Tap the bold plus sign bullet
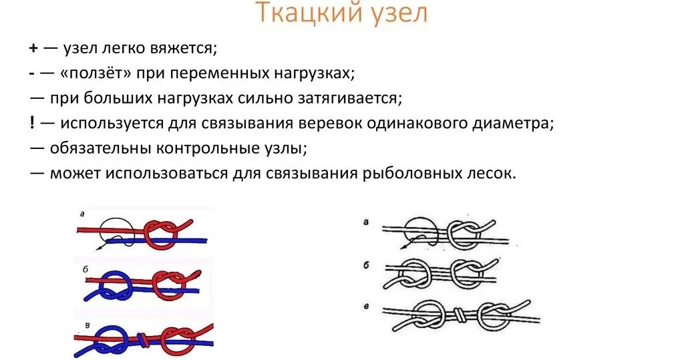[x=33, y=49]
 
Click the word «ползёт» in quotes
[x=95, y=73]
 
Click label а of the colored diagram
[x=81, y=214]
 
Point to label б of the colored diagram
[x=85, y=267]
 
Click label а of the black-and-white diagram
[x=365, y=222]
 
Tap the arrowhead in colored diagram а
[x=99, y=247]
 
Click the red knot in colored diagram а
[x=161, y=232]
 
